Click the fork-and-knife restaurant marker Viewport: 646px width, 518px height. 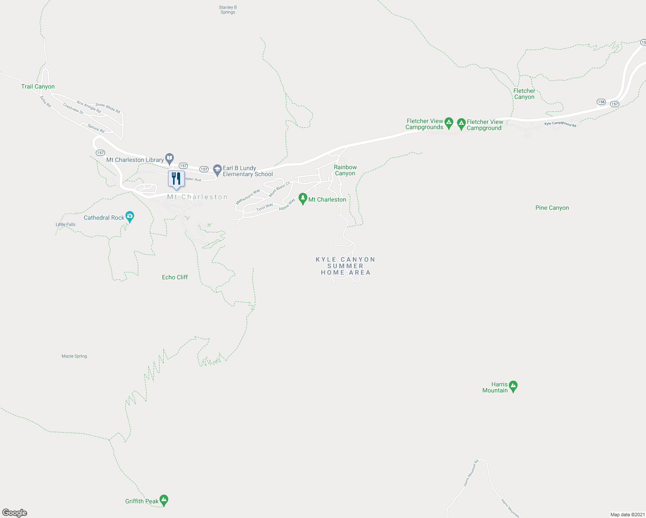pyautogui.click(x=176, y=179)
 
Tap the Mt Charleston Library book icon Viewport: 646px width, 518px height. pyautogui.click(x=170, y=158)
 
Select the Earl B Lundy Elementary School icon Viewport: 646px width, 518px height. pyautogui.click(x=217, y=169)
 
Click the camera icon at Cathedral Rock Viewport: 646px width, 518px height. pyautogui.click(x=130, y=216)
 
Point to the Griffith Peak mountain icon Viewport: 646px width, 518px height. pyautogui.click(x=164, y=500)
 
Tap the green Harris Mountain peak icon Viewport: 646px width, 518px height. pyautogui.click(x=513, y=386)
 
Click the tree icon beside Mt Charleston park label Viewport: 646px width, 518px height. pyautogui.click(x=303, y=199)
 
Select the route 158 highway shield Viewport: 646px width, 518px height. pyautogui.click(x=601, y=102)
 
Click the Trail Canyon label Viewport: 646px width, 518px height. pyautogui.click(x=38, y=86)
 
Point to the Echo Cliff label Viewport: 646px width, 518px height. pyautogui.click(x=175, y=277)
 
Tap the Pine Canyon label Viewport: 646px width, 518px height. pyautogui.click(x=552, y=208)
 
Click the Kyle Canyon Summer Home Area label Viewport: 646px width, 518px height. pyautogui.click(x=345, y=266)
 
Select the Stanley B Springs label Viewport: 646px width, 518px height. pyautogui.click(x=228, y=10)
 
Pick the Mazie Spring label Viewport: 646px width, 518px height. pyautogui.click(x=74, y=356)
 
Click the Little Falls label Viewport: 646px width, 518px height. pyautogui.click(x=66, y=224)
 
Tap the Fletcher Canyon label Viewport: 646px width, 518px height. pyautogui.click(x=524, y=94)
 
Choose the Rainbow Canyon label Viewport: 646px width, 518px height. pyautogui.click(x=345, y=170)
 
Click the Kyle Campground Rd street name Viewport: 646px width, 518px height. pyautogui.click(x=560, y=124)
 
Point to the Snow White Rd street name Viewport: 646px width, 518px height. pyautogui.click(x=108, y=107)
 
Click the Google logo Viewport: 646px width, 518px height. pyautogui.click(x=15, y=513)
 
